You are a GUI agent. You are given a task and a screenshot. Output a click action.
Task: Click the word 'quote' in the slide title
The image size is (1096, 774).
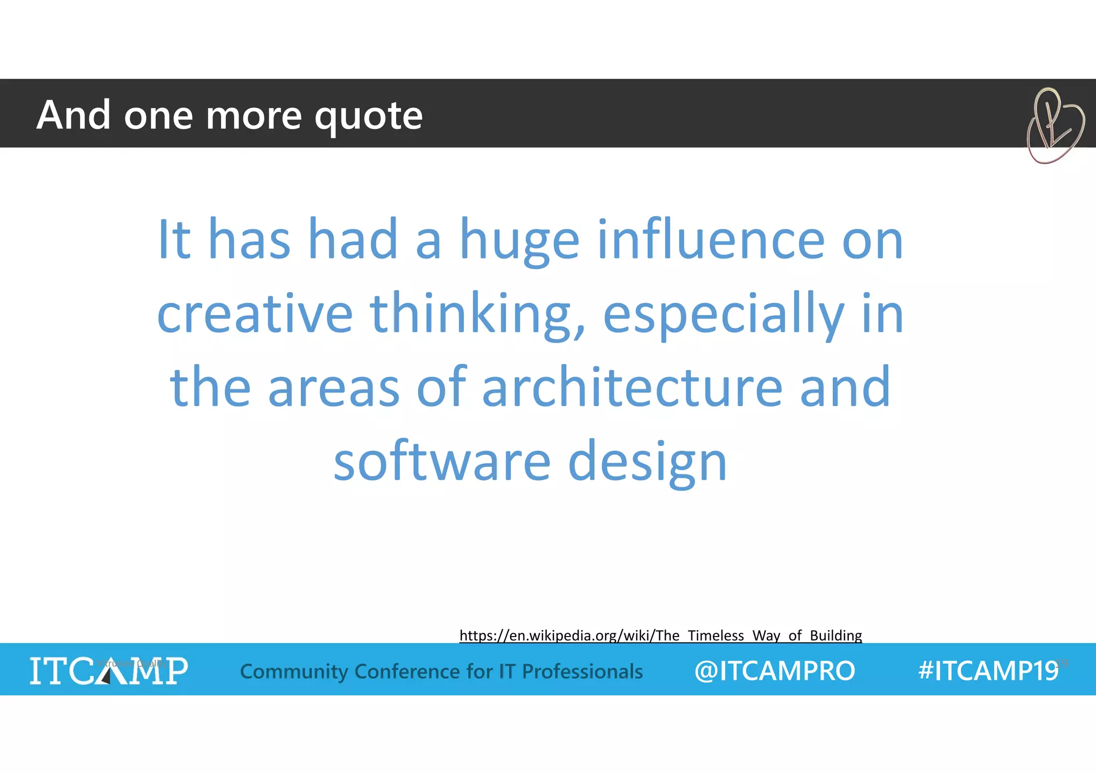pos(368,116)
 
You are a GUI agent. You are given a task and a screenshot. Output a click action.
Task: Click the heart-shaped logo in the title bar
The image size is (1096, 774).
pos(1054,126)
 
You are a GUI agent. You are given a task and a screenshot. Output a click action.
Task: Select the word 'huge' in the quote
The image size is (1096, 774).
pos(519,241)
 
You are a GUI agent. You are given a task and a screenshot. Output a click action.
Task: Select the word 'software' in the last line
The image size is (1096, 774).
pos(442,461)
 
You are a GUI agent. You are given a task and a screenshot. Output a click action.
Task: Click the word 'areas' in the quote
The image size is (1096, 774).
pos(333,388)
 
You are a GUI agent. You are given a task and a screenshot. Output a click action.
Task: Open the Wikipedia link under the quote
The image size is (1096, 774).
pos(660,635)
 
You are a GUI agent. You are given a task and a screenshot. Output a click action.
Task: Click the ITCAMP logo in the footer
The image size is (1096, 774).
pos(109,670)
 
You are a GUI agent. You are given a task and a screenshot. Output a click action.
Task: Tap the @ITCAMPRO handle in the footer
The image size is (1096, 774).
pos(774,671)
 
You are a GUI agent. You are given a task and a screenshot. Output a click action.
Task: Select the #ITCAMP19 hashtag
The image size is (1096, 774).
pos(988,671)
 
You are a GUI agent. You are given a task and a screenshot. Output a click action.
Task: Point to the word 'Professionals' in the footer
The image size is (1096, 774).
pos(582,671)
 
